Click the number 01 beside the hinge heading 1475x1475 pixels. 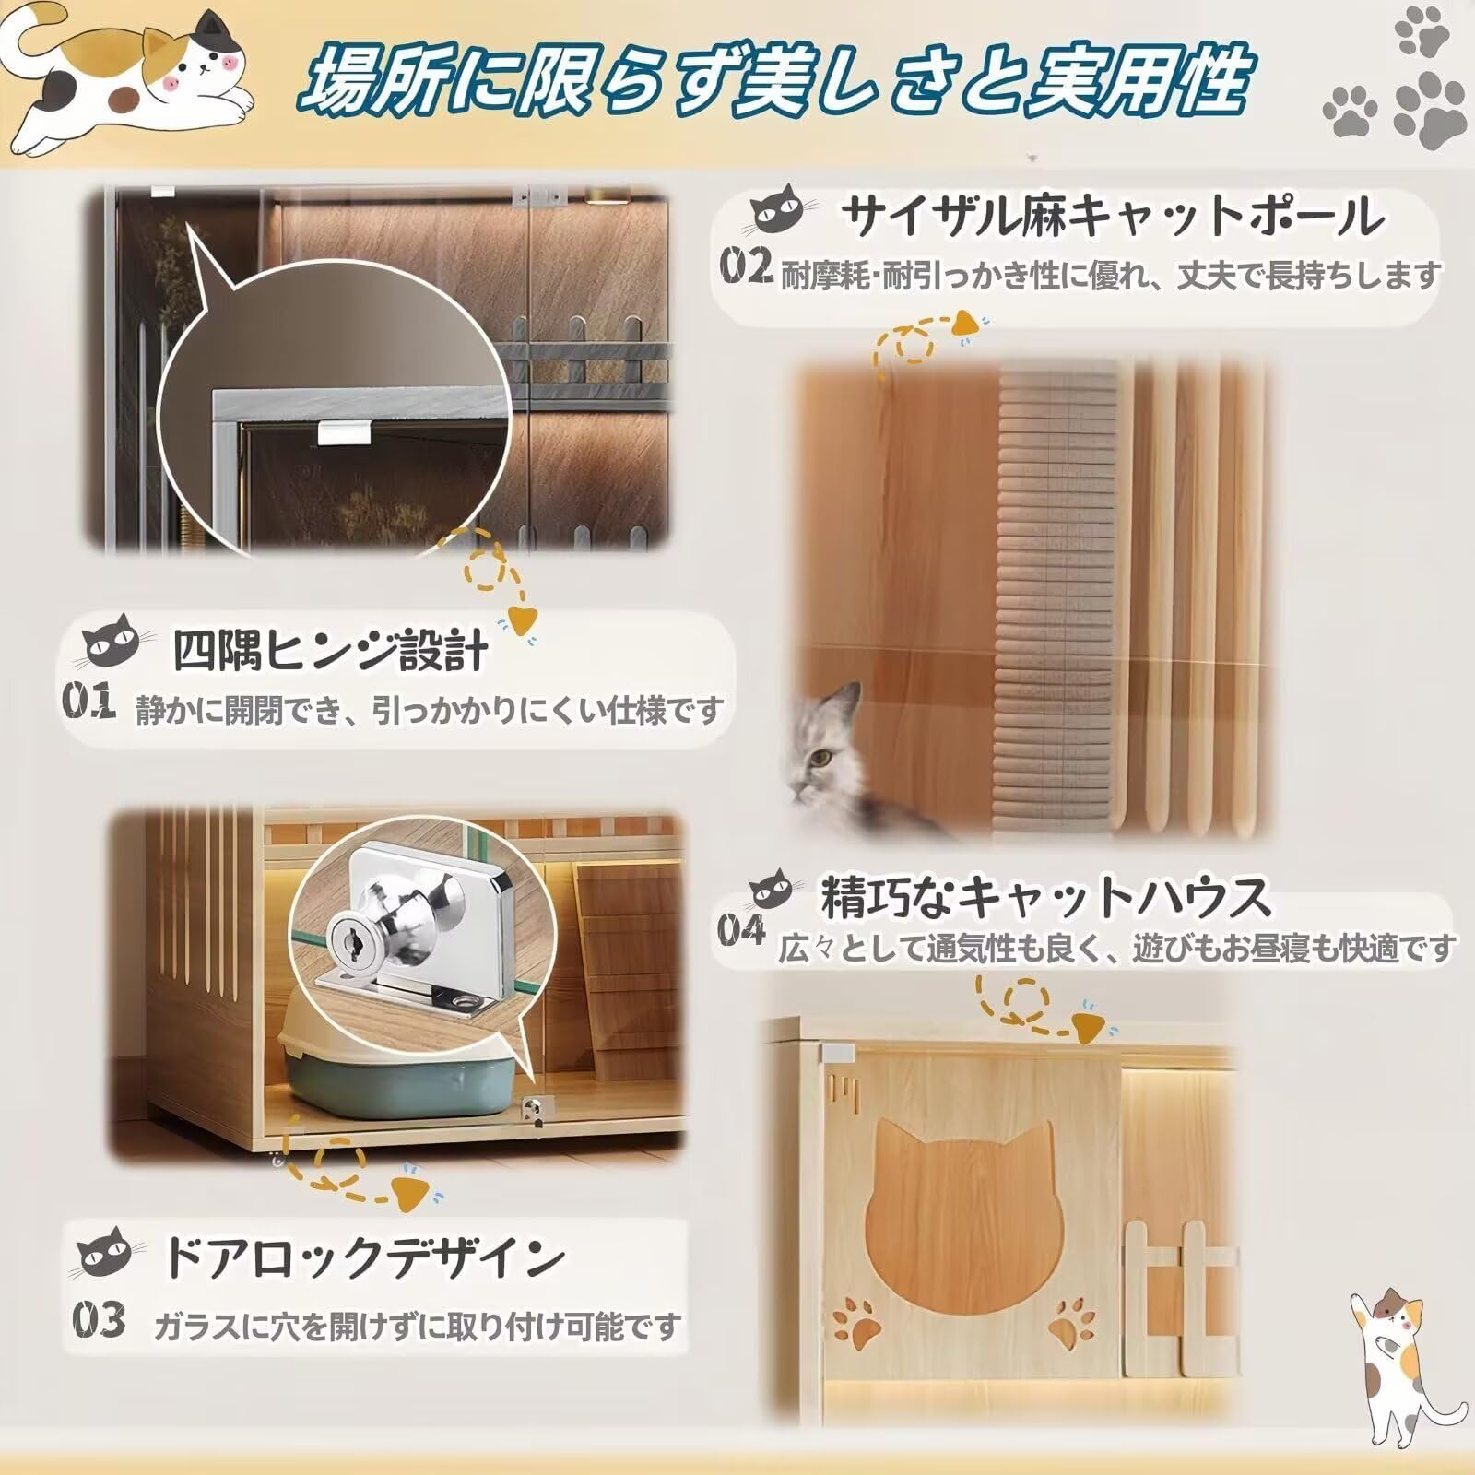tap(88, 703)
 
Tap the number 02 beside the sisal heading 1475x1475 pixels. tap(746, 267)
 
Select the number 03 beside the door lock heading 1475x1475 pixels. tap(99, 1320)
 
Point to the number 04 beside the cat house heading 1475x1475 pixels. tap(741, 931)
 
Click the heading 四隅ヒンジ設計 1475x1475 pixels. tap(330, 652)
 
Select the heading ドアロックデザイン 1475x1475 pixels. tap(364, 1257)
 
